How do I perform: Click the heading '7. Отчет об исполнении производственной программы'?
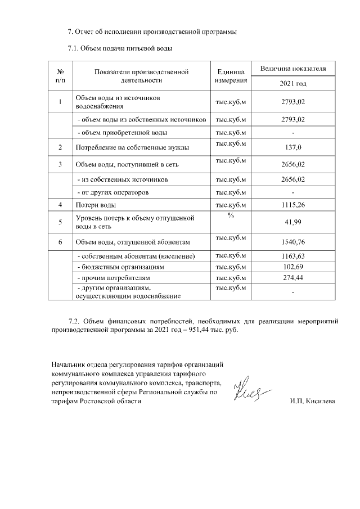(x=151, y=31)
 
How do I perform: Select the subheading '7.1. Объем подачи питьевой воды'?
(x=119, y=48)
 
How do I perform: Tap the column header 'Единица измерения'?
(x=231, y=76)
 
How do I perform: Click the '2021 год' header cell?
(x=292, y=83)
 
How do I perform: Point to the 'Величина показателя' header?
(x=292, y=69)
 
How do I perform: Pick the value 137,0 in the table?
(x=292, y=148)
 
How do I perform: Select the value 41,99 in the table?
(x=292, y=223)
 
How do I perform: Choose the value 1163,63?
(x=292, y=256)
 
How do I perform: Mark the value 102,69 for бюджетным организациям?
(x=292, y=267)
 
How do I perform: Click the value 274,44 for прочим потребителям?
(x=292, y=278)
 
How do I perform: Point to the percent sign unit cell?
(x=231, y=217)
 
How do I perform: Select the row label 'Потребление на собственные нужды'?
(x=132, y=148)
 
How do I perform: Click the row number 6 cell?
(x=60, y=242)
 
